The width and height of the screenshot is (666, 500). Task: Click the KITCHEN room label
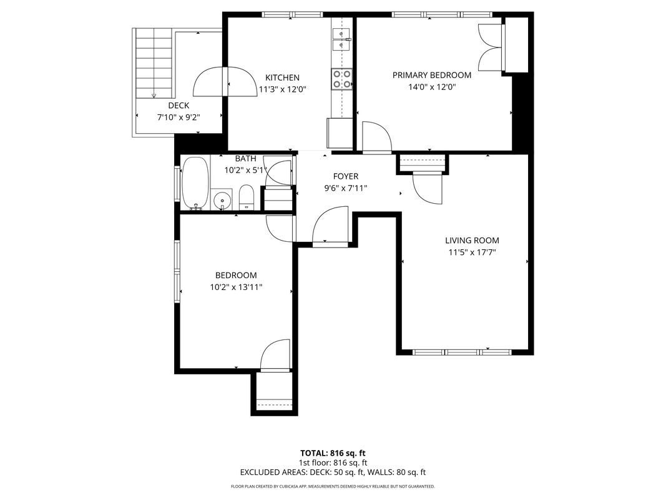click(x=282, y=77)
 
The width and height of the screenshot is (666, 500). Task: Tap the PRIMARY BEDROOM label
click(x=431, y=75)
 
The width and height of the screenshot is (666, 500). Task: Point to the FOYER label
click(x=345, y=176)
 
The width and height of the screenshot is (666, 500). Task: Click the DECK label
click(x=179, y=106)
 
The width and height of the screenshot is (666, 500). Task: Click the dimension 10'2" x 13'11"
click(x=235, y=287)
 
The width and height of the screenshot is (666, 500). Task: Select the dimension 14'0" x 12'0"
click(x=431, y=87)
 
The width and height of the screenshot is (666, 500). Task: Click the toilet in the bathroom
click(x=247, y=197)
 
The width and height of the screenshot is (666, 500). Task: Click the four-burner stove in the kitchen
click(x=342, y=79)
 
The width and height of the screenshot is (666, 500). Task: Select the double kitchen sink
click(x=341, y=39)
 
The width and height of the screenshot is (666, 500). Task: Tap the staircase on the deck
click(x=154, y=62)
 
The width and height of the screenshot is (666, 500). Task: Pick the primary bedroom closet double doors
click(x=490, y=47)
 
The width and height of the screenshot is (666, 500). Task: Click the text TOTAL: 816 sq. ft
click(x=333, y=452)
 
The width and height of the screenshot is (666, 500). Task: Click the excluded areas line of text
click(x=333, y=472)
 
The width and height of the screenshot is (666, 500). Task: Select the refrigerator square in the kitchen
click(x=340, y=132)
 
